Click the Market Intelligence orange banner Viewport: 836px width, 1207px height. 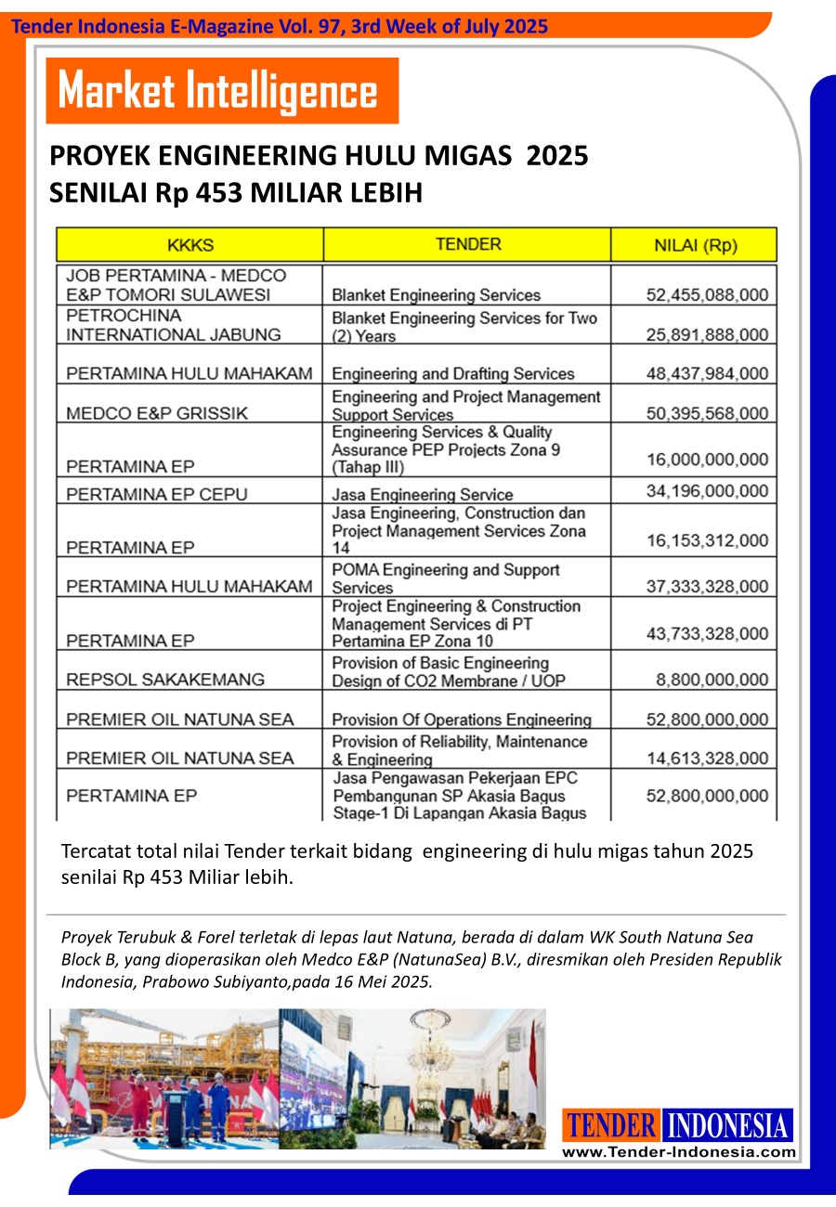[x=222, y=91]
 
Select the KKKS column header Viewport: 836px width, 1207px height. [x=190, y=245]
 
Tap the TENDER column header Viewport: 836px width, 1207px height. [x=468, y=244]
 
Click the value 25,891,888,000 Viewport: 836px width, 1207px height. [x=707, y=334]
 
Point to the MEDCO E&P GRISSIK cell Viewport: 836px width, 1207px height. [x=157, y=413]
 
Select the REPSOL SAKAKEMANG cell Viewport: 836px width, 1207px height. [x=165, y=679]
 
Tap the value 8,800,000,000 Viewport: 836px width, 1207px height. [x=712, y=680]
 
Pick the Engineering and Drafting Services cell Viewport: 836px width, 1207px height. [x=453, y=374]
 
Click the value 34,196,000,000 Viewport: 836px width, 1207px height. [x=707, y=490]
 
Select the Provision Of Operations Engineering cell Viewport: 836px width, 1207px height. [x=462, y=720]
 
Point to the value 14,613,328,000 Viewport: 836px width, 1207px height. [x=707, y=759]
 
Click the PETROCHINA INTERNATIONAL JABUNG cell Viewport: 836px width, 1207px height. [x=173, y=325]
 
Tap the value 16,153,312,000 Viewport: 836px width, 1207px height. [x=707, y=540]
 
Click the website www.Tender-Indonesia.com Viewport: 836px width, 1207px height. [x=679, y=1152]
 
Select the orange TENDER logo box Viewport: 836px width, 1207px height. [x=611, y=1126]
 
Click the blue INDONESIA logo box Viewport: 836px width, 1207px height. [x=727, y=1126]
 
